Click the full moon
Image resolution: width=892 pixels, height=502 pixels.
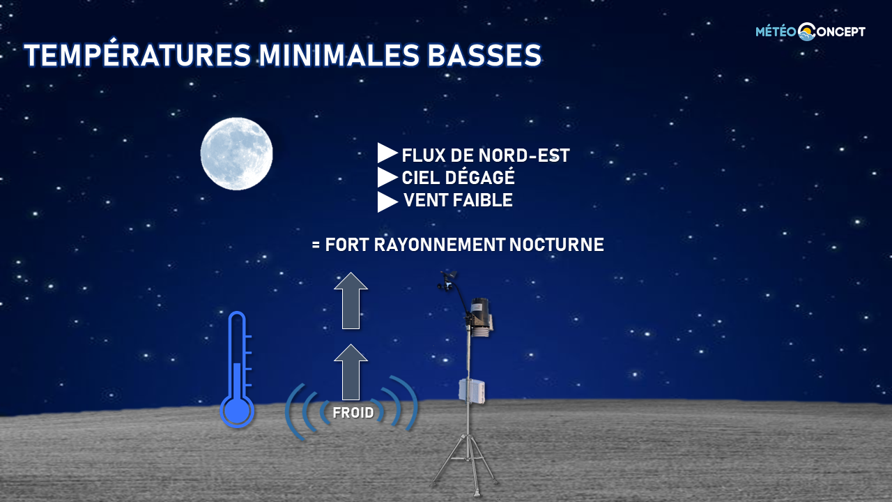(236, 154)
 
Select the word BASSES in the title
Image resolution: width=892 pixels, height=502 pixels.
(484, 54)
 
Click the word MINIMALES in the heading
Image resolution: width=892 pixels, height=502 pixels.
(339, 54)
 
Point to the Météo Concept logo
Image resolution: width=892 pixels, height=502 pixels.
(810, 31)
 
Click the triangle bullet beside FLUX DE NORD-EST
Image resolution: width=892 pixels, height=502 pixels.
(387, 153)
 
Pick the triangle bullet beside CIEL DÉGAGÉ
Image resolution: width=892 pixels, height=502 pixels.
(387, 177)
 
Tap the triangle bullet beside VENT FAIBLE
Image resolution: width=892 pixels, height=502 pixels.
(387, 202)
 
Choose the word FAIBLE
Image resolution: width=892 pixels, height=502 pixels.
(483, 200)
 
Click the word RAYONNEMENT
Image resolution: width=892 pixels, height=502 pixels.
(440, 245)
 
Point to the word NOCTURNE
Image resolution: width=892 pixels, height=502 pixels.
(557, 245)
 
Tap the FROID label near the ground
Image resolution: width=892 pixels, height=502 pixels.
(353, 413)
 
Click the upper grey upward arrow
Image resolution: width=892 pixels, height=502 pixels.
(351, 301)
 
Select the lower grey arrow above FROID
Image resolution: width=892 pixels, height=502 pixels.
(351, 372)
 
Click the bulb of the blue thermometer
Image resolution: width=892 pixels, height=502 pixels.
(237, 411)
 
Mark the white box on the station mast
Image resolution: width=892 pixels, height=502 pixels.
(472, 390)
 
